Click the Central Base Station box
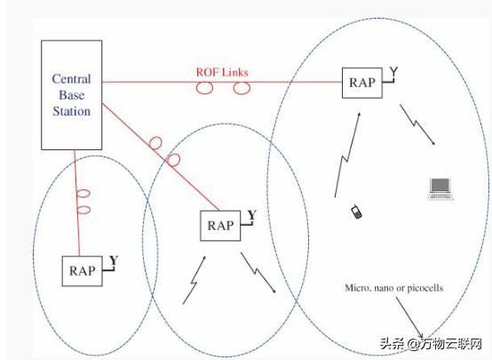(x=72, y=95)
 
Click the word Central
(x=72, y=79)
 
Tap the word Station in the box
(x=72, y=111)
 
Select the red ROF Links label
(x=222, y=72)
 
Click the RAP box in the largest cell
(x=362, y=83)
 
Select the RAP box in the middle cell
(x=220, y=226)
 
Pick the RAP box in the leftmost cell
(x=83, y=271)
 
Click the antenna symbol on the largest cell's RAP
(x=391, y=75)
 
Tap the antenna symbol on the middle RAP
(x=250, y=218)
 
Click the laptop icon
(x=440, y=188)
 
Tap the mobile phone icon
(x=356, y=212)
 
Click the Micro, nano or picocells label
(x=394, y=288)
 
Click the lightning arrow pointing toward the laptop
(x=417, y=124)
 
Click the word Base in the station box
(x=72, y=95)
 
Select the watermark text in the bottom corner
(x=431, y=344)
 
